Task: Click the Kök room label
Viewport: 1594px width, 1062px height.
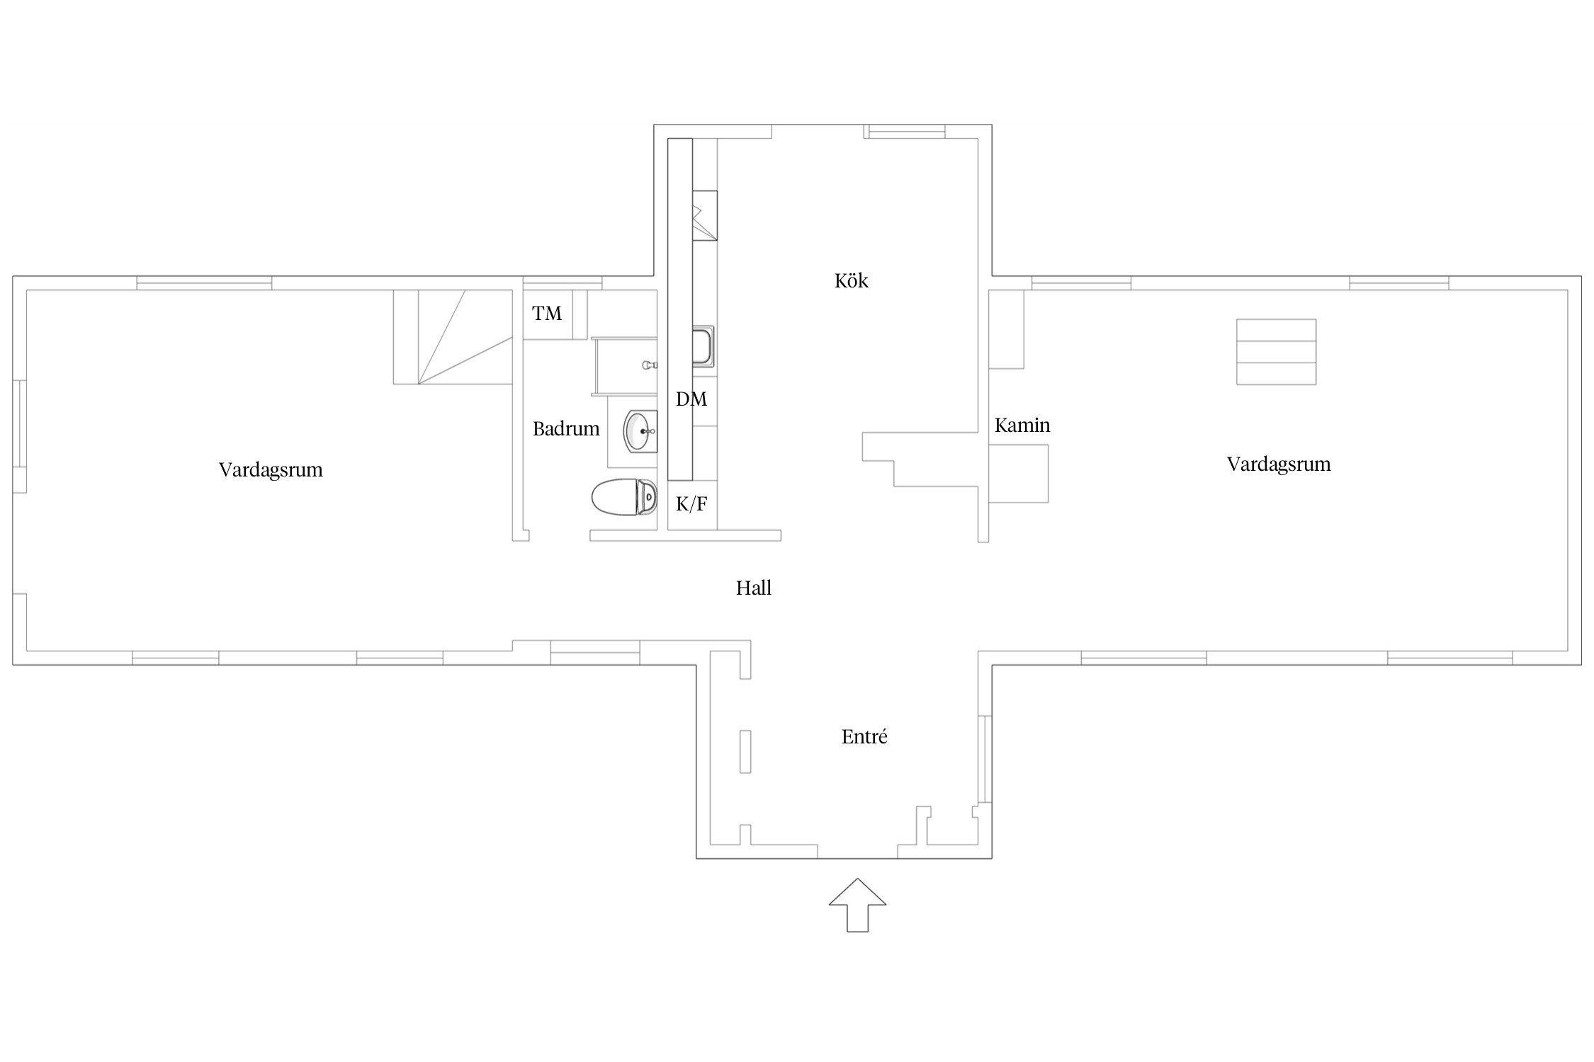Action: click(x=851, y=281)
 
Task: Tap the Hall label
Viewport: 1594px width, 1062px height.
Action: click(x=753, y=588)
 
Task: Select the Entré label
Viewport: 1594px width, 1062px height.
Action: click(x=864, y=737)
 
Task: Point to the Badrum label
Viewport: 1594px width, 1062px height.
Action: click(x=566, y=428)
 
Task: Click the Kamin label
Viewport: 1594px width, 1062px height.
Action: click(x=1022, y=425)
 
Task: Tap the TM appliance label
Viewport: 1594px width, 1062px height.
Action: click(x=547, y=313)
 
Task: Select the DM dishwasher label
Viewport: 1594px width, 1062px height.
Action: click(x=691, y=399)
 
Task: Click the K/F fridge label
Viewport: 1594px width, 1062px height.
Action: click(x=691, y=504)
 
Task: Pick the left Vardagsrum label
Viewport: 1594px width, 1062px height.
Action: click(x=271, y=470)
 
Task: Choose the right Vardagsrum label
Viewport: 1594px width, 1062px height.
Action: click(x=1279, y=464)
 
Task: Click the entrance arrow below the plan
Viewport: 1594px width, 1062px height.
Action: click(x=857, y=904)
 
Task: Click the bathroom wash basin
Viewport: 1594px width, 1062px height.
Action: click(x=641, y=431)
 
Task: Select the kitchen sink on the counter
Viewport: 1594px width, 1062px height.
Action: click(x=704, y=346)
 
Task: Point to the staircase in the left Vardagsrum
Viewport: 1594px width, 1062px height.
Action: click(x=453, y=337)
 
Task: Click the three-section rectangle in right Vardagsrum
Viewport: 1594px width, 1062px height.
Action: click(x=1276, y=352)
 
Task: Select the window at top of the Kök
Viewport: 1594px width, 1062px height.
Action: click(x=905, y=131)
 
